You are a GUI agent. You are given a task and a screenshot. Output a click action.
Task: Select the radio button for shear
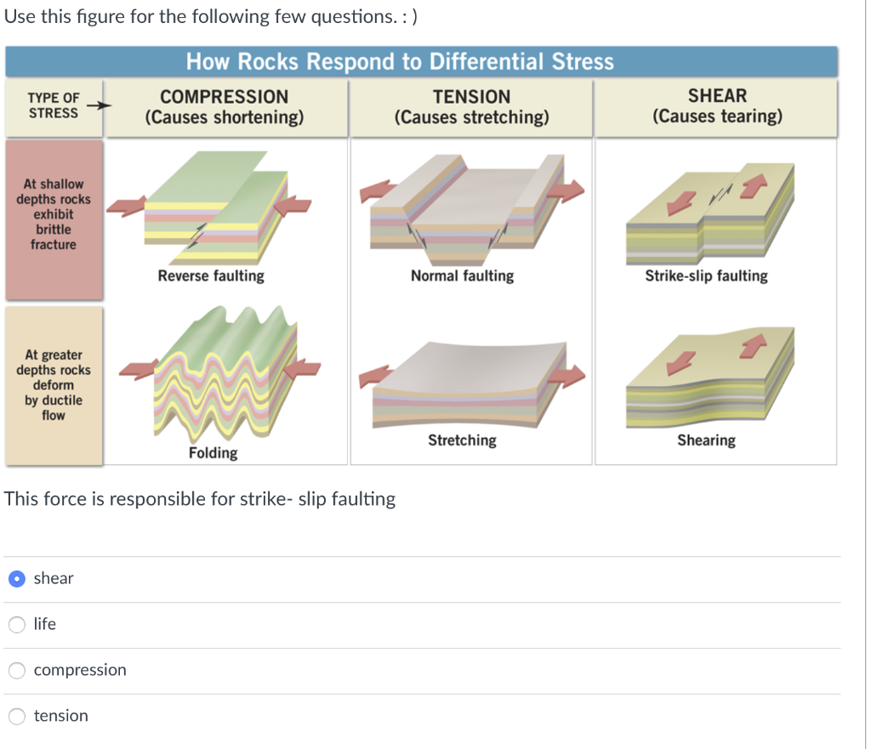point(17,579)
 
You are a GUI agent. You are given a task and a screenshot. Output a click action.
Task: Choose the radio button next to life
point(17,625)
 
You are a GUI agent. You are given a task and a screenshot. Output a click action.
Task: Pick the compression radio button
point(17,671)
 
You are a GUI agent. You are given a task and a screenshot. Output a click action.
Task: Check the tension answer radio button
point(17,717)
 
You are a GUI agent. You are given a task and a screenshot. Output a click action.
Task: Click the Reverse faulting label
point(211,276)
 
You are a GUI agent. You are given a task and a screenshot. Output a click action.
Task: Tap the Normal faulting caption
point(462,276)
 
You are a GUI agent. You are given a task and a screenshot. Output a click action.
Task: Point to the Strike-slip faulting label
point(706,276)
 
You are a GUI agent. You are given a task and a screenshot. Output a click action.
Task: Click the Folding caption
point(213,453)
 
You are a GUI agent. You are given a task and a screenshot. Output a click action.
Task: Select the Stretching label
point(462,440)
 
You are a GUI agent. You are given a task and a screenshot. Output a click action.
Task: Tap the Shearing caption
point(706,440)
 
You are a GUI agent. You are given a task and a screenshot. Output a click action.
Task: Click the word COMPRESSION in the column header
point(225,97)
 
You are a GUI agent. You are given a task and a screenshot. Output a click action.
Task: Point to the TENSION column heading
point(471,97)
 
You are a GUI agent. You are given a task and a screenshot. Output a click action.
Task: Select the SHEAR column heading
point(717,96)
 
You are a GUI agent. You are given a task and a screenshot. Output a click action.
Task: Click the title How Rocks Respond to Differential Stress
point(400,62)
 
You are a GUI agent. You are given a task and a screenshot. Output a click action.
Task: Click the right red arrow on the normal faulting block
point(566,190)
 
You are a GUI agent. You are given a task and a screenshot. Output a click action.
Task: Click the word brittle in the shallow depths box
point(53,230)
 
